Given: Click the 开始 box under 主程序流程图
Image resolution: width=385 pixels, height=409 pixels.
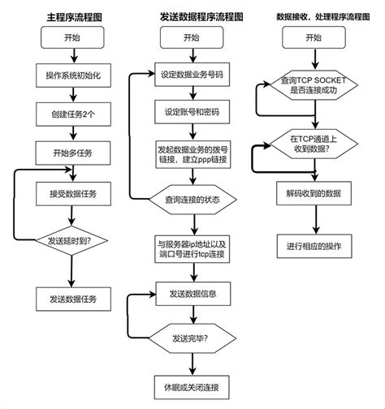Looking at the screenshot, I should coord(72,40).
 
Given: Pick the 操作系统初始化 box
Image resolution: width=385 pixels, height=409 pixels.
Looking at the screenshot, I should coord(72,76).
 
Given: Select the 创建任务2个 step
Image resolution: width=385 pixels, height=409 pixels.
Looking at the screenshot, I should coord(72,114).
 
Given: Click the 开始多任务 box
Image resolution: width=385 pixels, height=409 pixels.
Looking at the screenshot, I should coord(72,153).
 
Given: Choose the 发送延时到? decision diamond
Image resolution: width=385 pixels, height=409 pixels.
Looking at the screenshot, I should coord(72,239).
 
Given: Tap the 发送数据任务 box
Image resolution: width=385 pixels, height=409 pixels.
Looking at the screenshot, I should coord(72,298).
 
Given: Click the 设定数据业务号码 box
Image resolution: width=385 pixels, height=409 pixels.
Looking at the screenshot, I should coord(192,76).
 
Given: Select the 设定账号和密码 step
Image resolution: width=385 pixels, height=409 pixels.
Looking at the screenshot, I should coord(192,113).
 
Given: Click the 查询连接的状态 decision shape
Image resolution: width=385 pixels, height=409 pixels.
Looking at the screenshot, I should coord(192,200).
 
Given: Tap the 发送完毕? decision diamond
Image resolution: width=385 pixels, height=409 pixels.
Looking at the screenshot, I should coord(192,336).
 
